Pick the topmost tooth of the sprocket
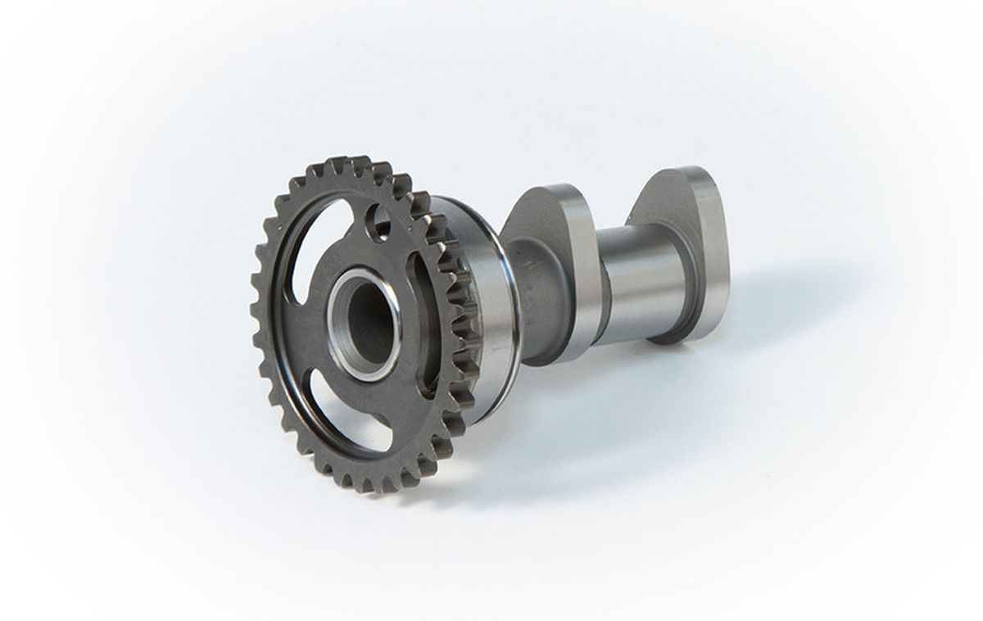tap(336, 164)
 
